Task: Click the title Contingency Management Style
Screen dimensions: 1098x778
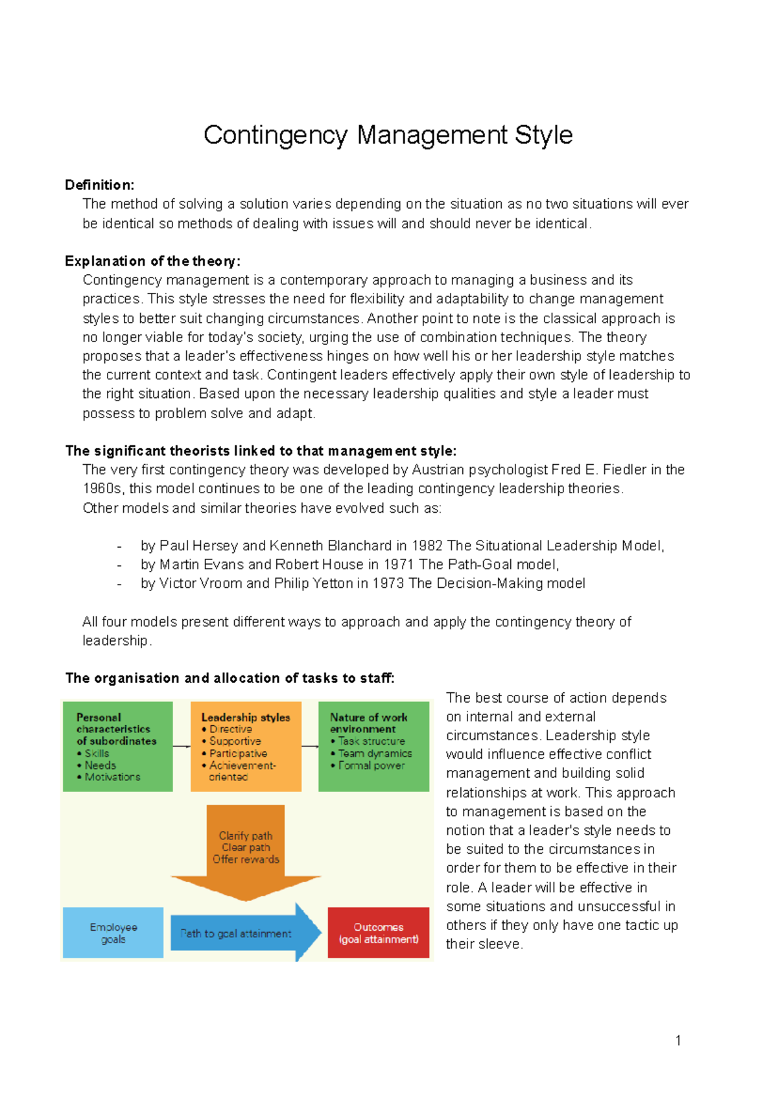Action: (388, 135)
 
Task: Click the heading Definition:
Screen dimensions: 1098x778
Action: (99, 185)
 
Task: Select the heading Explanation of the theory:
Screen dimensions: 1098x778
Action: (152, 261)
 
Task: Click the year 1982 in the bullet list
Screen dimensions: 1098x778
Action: (427, 546)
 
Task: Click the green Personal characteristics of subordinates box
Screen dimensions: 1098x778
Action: (117, 746)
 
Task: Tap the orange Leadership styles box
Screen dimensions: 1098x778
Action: (246, 746)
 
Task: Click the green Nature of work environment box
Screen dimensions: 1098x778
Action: (373, 746)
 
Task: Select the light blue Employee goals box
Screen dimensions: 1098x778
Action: (113, 933)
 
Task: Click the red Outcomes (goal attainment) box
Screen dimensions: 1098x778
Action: (379, 933)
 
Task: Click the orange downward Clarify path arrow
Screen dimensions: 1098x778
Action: (246, 849)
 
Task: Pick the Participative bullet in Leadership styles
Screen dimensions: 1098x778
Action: (238, 754)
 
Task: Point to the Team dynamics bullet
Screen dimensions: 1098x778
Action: (375, 754)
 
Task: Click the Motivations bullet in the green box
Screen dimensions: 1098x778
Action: (112, 777)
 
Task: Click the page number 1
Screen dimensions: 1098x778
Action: (678, 1041)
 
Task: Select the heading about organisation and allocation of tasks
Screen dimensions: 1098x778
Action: (230, 679)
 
